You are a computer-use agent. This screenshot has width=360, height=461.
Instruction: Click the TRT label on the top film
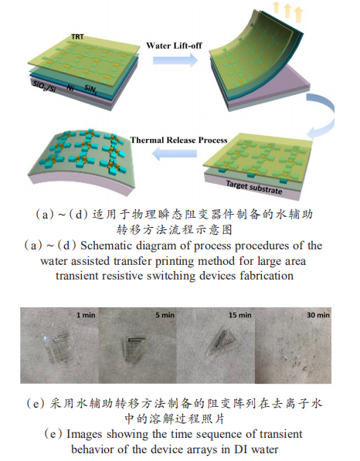click(78, 37)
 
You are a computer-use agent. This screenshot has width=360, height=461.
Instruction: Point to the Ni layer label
click(70, 87)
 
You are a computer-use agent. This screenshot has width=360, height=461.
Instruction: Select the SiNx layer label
click(90, 89)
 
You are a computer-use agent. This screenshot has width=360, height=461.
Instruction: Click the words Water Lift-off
click(175, 46)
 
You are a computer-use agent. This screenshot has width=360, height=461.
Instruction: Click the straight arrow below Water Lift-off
click(175, 60)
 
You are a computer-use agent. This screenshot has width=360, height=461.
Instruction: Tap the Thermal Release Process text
click(178, 140)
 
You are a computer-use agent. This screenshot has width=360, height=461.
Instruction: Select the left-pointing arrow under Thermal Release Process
click(175, 154)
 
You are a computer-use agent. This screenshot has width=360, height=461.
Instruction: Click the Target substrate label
click(254, 188)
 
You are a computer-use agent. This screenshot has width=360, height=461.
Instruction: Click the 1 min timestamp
click(86, 315)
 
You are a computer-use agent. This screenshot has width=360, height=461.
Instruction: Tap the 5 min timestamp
click(165, 315)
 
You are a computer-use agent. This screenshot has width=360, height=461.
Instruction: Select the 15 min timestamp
click(240, 315)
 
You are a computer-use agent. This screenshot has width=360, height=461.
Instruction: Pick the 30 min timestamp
click(318, 315)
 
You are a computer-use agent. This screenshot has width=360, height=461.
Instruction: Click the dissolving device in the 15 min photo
click(222, 343)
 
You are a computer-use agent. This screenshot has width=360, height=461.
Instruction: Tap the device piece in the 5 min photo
click(134, 350)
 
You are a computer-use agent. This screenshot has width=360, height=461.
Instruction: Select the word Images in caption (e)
click(84, 435)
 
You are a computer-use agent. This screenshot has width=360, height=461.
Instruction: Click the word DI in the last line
click(242, 449)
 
